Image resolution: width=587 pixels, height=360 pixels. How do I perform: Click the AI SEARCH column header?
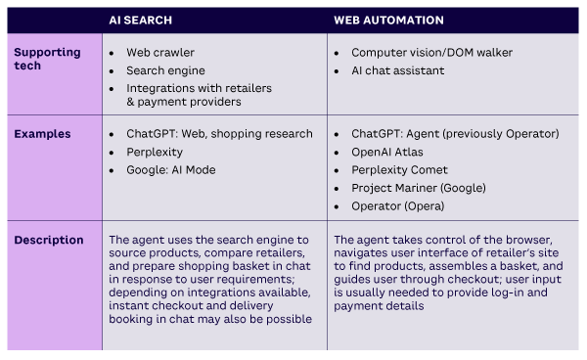142,20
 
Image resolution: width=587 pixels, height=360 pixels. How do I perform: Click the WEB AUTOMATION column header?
389,20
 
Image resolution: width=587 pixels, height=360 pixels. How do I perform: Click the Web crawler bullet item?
160,52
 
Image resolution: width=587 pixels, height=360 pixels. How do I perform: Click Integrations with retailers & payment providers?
199,95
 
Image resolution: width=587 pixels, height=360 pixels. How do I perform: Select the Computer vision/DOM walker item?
431,52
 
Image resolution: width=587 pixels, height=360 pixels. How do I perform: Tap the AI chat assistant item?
397,70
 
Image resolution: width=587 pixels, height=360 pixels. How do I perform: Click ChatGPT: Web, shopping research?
219,134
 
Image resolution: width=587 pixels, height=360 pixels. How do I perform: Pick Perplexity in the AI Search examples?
155,152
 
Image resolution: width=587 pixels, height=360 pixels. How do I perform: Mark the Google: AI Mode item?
170,170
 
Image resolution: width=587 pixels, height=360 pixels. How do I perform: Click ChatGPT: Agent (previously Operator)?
455,134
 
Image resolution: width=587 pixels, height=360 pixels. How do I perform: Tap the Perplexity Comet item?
400,170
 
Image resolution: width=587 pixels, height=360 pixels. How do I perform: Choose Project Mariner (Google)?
418,188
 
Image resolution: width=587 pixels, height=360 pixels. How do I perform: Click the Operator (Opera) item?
397,206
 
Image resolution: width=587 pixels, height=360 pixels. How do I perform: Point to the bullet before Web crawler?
113,52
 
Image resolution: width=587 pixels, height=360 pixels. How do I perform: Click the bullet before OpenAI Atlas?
338,152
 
